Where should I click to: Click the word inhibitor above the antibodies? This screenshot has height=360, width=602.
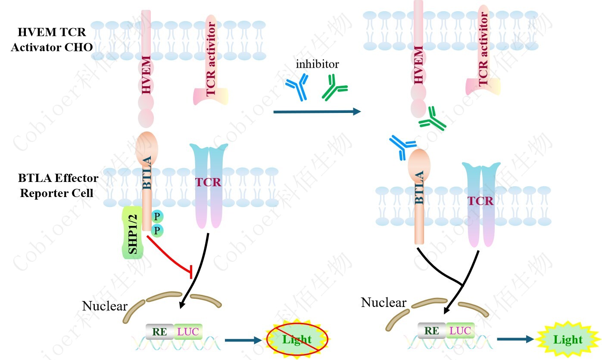click(317, 65)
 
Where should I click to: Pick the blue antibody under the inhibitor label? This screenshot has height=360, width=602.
click(297, 86)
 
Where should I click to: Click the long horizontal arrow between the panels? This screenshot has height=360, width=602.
click(316, 112)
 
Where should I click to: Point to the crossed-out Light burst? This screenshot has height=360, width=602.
click(297, 339)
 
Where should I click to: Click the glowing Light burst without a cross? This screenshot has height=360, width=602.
click(568, 339)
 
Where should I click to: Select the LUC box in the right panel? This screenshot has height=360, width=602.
click(460, 331)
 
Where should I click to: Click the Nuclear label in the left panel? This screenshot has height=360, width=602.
click(105, 306)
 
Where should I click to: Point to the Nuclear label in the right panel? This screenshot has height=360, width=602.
click(384, 303)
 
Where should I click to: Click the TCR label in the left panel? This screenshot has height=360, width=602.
click(208, 182)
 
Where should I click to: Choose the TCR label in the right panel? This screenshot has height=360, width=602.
click(480, 201)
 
